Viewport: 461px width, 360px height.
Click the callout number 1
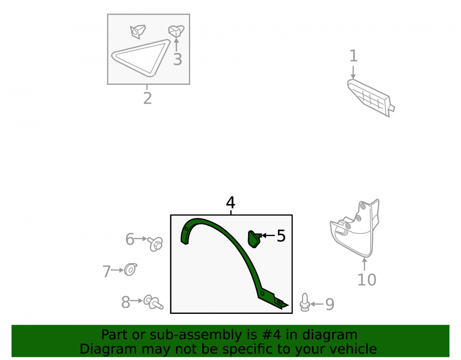[x=354, y=56]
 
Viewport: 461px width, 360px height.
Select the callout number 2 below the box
[x=148, y=98]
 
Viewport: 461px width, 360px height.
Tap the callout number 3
[x=177, y=59]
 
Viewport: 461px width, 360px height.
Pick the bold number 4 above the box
[x=230, y=202]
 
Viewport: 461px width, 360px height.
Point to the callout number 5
[x=281, y=236]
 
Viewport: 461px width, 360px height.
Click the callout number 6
[x=130, y=239]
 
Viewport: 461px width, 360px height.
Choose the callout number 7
[x=106, y=271]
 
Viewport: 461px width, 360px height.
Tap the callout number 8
[x=125, y=302]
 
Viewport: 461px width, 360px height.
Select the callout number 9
[x=330, y=304]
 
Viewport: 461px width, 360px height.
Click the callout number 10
[x=366, y=280]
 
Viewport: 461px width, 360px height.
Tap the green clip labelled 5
[x=254, y=239]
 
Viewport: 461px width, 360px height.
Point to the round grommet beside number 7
[x=130, y=270]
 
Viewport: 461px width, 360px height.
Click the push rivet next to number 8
[x=153, y=302]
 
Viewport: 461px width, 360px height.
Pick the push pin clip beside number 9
[x=305, y=302]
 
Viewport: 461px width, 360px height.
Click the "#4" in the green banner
[x=269, y=335]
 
